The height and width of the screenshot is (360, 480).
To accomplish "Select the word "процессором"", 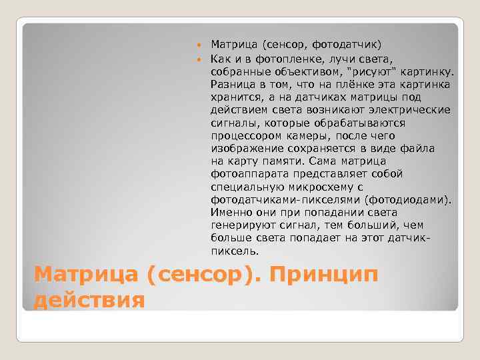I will (x=246, y=135).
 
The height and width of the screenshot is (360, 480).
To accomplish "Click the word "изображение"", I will (x=245, y=148).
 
